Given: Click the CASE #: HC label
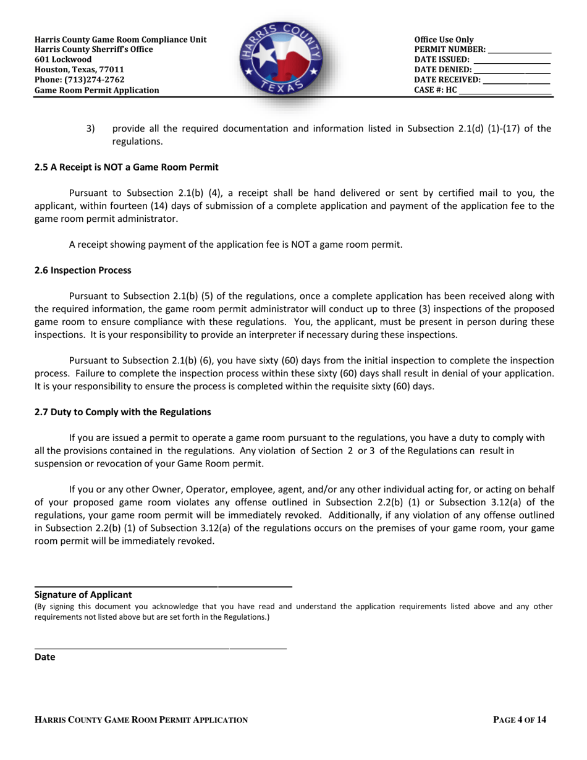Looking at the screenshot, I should [x=436, y=90].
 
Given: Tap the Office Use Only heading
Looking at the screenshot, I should [x=444, y=40].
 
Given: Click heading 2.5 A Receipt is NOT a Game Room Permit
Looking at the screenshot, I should [x=126, y=167].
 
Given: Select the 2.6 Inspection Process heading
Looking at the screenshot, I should [x=83, y=270].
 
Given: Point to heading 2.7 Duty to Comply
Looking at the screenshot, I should [x=122, y=412].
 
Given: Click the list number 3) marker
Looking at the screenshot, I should [x=91, y=129].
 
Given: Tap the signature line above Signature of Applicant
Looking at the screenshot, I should [x=163, y=586].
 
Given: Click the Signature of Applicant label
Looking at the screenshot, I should [x=83, y=594].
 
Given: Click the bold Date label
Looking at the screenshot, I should [x=44, y=657].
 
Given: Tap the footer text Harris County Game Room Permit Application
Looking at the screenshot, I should [x=141, y=720].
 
